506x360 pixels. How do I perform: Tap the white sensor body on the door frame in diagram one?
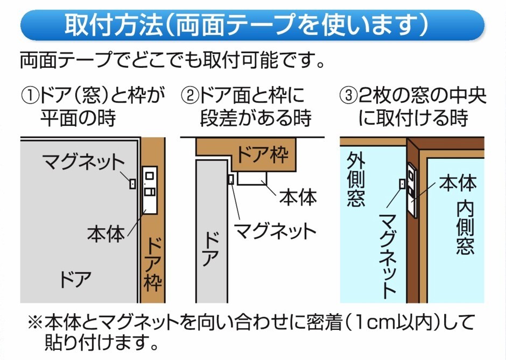[149, 190]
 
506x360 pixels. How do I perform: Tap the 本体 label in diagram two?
[298, 196]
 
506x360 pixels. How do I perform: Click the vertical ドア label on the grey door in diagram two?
[209, 249]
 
